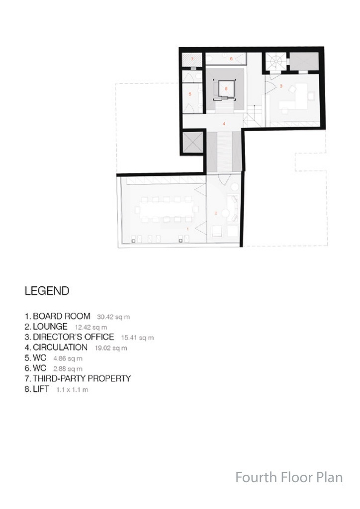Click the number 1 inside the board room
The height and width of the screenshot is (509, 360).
(188, 229)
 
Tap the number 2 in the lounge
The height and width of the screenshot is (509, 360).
(216, 213)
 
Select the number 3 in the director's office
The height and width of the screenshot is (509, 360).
(281, 86)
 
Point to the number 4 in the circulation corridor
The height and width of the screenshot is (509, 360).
(224, 124)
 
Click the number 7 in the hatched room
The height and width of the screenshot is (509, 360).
(192, 59)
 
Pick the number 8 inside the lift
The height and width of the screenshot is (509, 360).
(226, 88)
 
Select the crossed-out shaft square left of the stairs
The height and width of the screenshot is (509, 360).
(192, 142)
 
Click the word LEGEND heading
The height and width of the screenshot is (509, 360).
(47, 291)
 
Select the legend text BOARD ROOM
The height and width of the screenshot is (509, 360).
(62, 316)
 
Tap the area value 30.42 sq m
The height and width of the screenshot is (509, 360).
(113, 317)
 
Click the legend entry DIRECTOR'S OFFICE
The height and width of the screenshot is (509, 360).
(74, 337)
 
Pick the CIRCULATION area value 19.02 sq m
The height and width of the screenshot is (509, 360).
(111, 348)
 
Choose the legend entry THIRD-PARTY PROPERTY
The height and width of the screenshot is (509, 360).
(82, 378)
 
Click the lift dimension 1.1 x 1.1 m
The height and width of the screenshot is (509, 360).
(72, 390)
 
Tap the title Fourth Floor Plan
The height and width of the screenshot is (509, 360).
(289, 478)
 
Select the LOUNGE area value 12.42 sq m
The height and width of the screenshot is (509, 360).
(91, 328)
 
